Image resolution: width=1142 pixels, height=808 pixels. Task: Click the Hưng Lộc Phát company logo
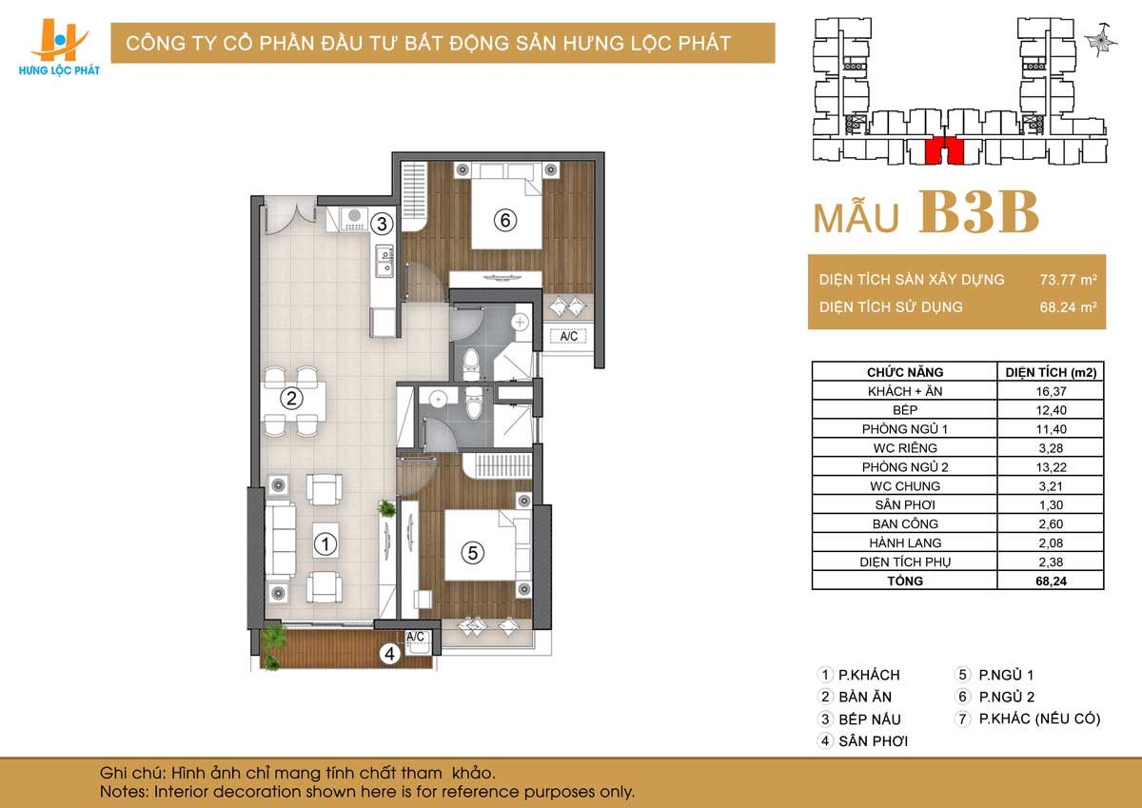pyautogui.click(x=59, y=47)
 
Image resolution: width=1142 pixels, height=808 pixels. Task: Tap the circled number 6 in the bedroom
pyautogui.click(x=505, y=220)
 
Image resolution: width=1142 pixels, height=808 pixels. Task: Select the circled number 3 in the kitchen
pyautogui.click(x=382, y=224)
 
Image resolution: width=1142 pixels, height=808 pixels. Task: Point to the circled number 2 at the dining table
pyautogui.click(x=291, y=398)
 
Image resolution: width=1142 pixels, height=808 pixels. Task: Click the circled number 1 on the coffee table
pyautogui.click(x=325, y=544)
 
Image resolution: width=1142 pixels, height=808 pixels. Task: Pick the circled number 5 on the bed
pyautogui.click(x=473, y=553)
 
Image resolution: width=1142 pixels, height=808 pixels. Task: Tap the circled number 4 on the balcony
pyautogui.click(x=390, y=653)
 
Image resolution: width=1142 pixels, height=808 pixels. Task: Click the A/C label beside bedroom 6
pyautogui.click(x=568, y=337)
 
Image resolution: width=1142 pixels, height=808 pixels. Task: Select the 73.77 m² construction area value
pyautogui.click(x=1069, y=280)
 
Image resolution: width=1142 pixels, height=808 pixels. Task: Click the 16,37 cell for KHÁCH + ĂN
pyautogui.click(x=1051, y=391)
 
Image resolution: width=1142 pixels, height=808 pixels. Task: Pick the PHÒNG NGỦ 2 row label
pyautogui.click(x=905, y=467)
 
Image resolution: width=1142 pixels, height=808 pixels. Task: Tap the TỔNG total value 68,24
pyautogui.click(x=1051, y=581)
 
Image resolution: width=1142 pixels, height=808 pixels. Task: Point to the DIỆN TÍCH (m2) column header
pyautogui.click(x=1051, y=372)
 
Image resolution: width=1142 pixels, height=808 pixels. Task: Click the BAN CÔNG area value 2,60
pyautogui.click(x=1051, y=524)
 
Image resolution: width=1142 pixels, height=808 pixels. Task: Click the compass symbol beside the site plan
pyautogui.click(x=1101, y=40)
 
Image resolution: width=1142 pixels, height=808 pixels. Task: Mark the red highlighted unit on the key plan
pyautogui.click(x=945, y=151)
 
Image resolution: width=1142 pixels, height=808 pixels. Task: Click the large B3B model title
pyautogui.click(x=978, y=212)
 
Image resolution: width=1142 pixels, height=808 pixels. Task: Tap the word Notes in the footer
pyautogui.click(x=125, y=792)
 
